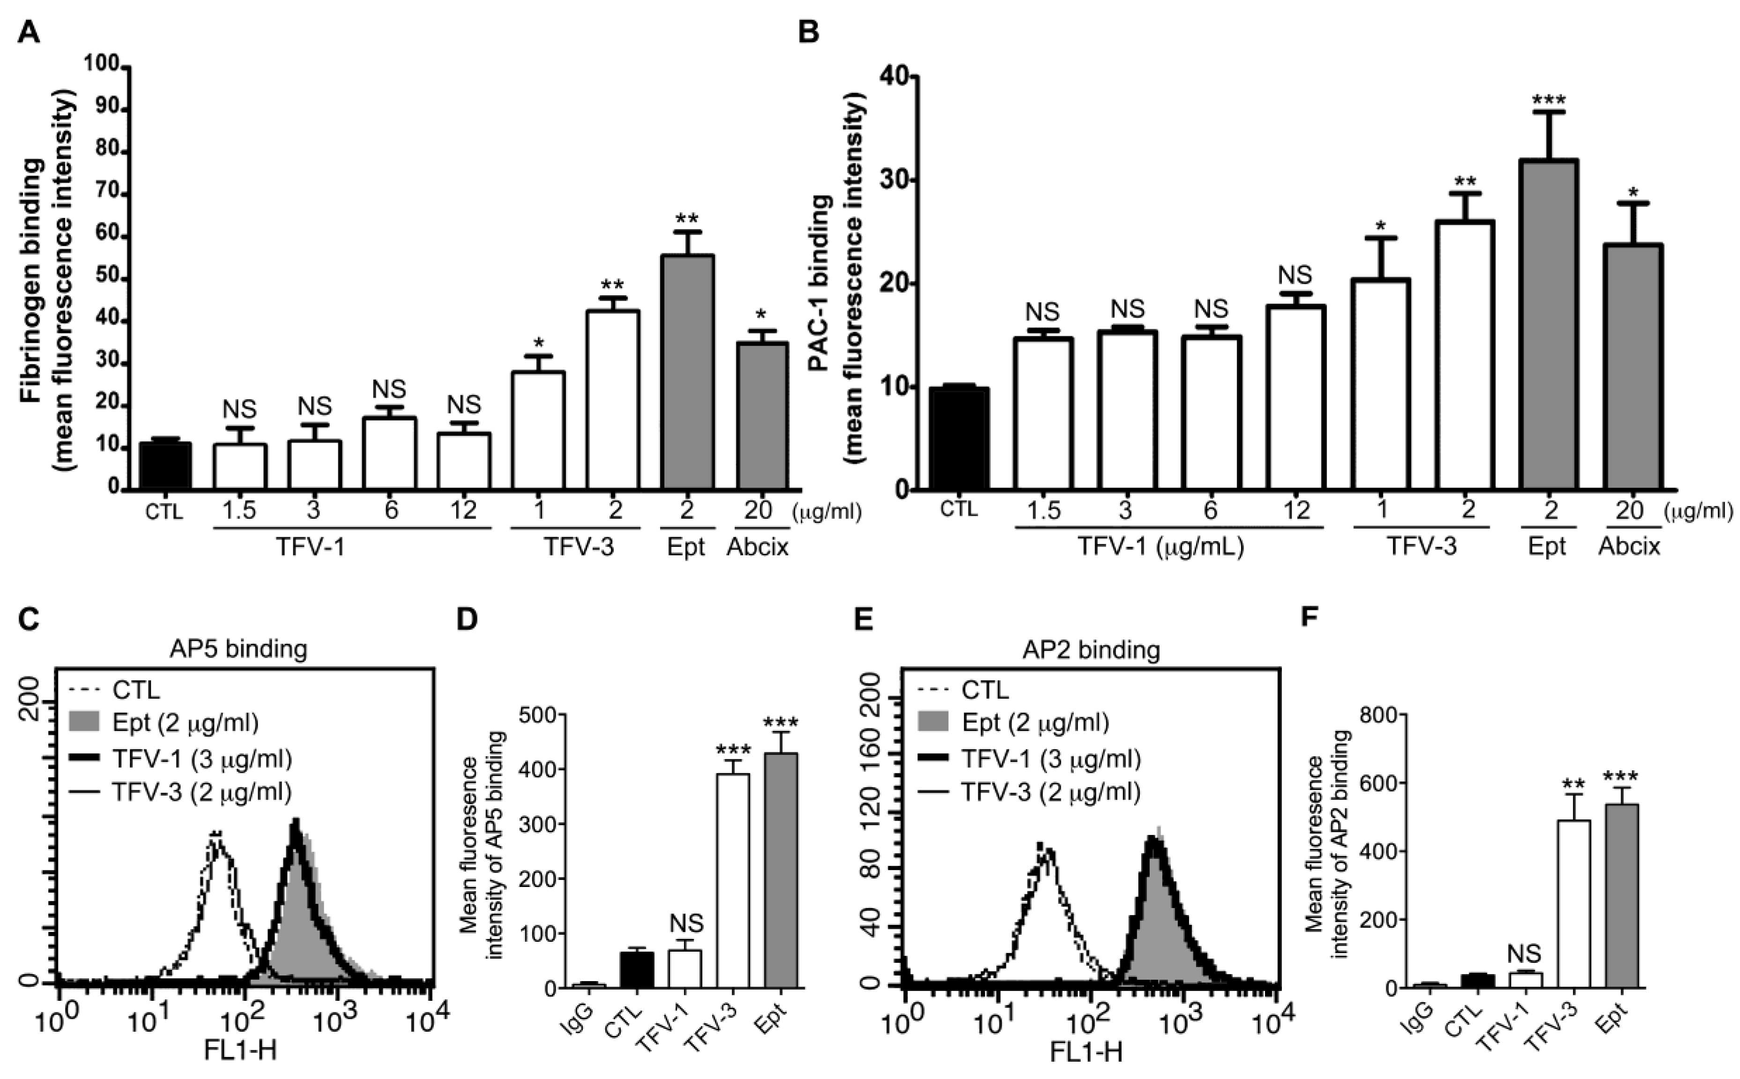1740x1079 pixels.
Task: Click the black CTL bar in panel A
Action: click(x=165, y=466)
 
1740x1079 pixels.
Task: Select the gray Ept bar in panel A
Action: click(x=687, y=371)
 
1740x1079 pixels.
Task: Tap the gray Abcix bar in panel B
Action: click(x=1633, y=368)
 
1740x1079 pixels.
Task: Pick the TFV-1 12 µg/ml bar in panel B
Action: click(x=1296, y=398)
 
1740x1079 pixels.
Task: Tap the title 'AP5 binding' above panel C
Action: click(x=238, y=649)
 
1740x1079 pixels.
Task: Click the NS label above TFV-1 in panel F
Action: click(x=1524, y=953)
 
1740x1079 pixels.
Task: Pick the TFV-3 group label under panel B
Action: click(x=1422, y=546)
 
